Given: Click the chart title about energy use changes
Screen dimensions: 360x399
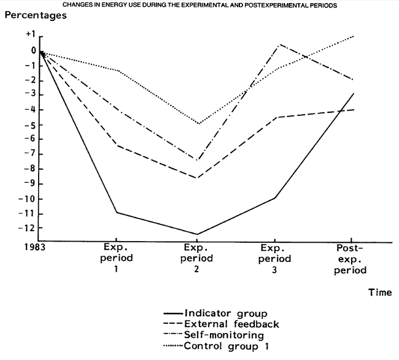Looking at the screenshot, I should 199,5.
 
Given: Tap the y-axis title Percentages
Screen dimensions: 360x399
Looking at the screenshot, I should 35,15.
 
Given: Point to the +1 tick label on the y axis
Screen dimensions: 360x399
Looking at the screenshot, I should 31,36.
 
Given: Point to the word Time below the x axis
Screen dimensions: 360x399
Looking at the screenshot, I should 380,293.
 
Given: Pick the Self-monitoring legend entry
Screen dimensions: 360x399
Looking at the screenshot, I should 237,335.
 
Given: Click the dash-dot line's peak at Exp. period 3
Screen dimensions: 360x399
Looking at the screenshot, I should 279,45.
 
